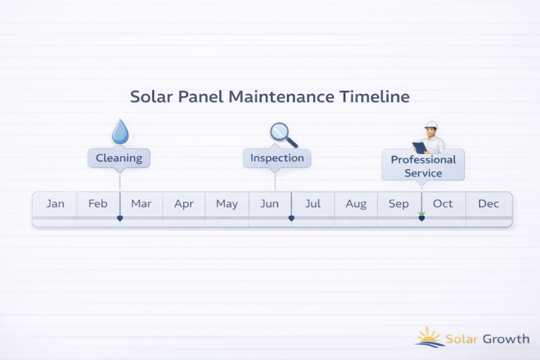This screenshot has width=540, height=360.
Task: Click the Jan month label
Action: point(55,204)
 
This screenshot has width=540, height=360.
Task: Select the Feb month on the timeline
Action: point(98,204)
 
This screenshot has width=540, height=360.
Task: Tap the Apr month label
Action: point(184,204)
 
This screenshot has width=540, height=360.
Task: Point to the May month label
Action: point(227,204)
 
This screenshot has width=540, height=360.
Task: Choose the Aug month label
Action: point(356,204)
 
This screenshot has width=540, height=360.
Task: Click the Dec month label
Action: point(488,204)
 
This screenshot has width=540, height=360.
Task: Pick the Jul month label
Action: point(313,204)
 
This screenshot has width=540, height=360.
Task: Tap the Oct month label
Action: point(443,204)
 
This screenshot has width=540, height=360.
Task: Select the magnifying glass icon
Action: point(283,135)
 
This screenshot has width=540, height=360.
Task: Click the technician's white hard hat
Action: point(431,125)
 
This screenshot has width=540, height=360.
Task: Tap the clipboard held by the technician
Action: point(419,148)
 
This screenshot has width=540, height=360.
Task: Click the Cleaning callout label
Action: point(119,158)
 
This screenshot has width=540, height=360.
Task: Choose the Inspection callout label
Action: point(277,158)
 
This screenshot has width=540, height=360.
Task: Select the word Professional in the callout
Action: point(423,160)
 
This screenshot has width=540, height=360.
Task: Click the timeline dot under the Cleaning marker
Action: point(120,218)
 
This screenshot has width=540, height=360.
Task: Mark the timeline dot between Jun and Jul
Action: point(291,218)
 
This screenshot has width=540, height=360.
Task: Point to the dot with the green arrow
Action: point(421,218)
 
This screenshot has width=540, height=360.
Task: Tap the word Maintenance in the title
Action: point(282,96)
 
